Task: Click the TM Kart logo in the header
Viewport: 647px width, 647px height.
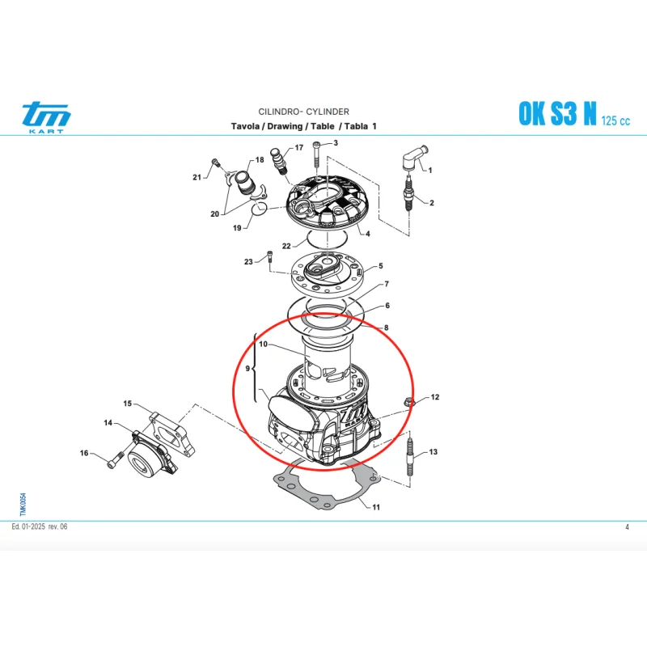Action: [x=46, y=117]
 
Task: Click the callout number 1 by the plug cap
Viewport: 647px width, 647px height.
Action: [x=430, y=170]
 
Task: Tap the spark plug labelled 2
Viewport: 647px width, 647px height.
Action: [x=408, y=193]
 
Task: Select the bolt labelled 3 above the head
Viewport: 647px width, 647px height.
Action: [x=317, y=154]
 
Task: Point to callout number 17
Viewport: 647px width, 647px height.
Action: [x=299, y=147]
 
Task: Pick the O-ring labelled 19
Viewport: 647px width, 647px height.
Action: [x=260, y=209]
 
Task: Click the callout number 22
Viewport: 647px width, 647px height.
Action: [x=286, y=246]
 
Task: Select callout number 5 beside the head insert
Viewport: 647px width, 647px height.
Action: [x=380, y=266]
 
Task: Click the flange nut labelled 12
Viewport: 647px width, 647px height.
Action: [x=409, y=401]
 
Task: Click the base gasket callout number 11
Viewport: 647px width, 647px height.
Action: [x=376, y=507]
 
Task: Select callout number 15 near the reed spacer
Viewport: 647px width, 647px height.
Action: [x=128, y=403]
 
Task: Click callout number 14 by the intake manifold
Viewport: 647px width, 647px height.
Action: [x=108, y=422]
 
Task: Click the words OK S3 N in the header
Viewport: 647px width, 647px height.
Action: [x=557, y=113]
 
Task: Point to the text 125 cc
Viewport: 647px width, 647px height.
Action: [x=615, y=121]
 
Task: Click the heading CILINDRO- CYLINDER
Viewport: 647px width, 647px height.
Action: [x=304, y=112]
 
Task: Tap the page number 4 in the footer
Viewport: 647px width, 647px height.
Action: [x=628, y=526]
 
